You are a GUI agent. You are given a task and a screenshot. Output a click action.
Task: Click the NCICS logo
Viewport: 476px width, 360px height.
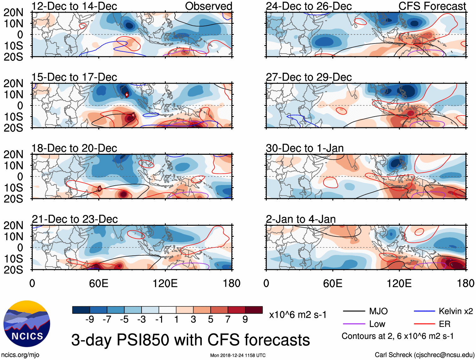pyautogui.click(x=26, y=324)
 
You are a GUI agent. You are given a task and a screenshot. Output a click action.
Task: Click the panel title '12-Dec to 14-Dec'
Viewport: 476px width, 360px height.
pyautogui.click(x=74, y=6)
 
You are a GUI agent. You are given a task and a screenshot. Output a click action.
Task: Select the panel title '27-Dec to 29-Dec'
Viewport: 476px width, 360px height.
pyautogui.click(x=309, y=77)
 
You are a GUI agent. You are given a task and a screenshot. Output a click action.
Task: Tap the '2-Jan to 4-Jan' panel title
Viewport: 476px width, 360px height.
pyautogui.click(x=301, y=219)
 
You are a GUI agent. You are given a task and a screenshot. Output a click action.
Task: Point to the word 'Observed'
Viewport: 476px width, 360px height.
pyautogui.click(x=208, y=6)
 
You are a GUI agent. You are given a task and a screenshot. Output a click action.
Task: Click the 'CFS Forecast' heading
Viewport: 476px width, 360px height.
pyautogui.click(x=432, y=6)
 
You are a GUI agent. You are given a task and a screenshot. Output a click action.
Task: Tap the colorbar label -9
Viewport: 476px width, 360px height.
pyautogui.click(x=90, y=320)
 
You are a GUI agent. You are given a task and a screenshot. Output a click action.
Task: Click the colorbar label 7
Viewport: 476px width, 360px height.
pyautogui.click(x=228, y=320)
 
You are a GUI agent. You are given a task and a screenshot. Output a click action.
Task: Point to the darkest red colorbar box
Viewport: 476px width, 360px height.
pyautogui.click(x=254, y=310)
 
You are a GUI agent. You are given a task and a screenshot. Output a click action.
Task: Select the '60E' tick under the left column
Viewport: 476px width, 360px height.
pyautogui.click(x=99, y=283)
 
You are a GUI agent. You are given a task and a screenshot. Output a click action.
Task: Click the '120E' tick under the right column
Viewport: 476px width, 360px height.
pyautogui.click(x=399, y=283)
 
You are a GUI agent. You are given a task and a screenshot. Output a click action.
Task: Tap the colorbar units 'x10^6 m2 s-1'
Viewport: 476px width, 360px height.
pyautogui.click(x=298, y=315)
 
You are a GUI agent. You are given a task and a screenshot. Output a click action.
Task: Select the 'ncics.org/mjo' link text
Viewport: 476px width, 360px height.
pyautogui.click(x=20, y=355)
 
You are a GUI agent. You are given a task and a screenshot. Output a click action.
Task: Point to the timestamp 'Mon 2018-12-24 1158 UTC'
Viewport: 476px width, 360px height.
pyautogui.click(x=238, y=355)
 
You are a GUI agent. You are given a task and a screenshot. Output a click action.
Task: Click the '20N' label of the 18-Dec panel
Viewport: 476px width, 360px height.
pyautogui.click(x=14, y=154)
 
